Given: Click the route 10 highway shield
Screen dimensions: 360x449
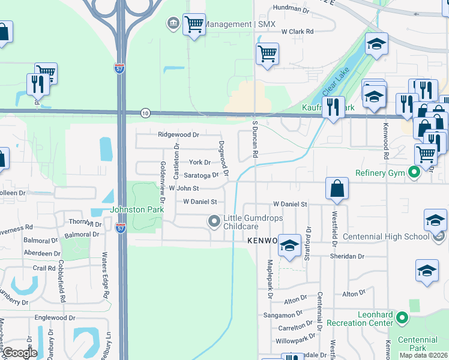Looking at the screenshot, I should [x=145, y=113].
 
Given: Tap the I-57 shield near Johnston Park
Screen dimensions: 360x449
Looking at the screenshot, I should [x=120, y=227].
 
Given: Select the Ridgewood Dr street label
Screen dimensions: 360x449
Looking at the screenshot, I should [x=178, y=135].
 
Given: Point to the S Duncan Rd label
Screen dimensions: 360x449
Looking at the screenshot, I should [x=255, y=138].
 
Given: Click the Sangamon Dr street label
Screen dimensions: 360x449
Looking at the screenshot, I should [x=282, y=315].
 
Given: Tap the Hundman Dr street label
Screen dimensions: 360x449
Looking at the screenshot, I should [x=291, y=9].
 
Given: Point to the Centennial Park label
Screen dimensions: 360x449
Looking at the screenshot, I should [x=413, y=344].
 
